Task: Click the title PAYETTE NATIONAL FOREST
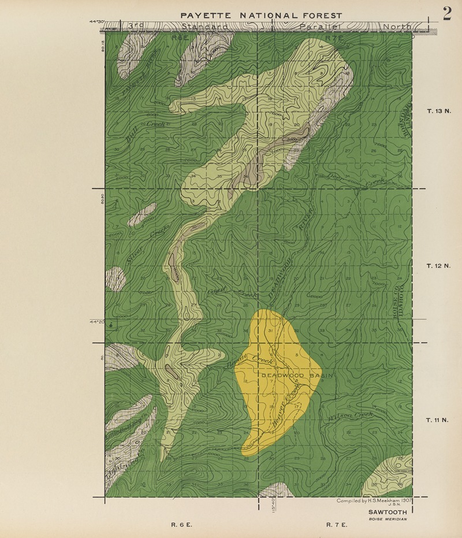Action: [261, 16]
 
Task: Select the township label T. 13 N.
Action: [438, 111]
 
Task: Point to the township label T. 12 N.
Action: [438, 266]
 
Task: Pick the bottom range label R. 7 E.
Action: [337, 525]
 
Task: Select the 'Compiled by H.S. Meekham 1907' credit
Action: [373, 500]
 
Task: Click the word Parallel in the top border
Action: [321, 27]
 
